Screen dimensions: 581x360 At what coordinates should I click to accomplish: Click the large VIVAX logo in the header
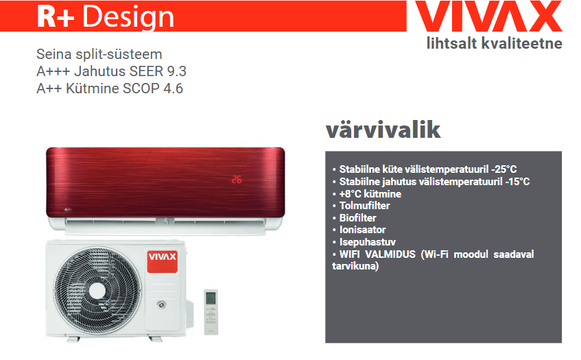point(488,16)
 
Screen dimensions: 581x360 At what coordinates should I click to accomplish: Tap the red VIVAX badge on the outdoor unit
point(163,261)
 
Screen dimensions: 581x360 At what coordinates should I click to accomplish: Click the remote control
point(211,312)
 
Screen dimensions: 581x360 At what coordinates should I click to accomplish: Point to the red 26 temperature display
point(237,180)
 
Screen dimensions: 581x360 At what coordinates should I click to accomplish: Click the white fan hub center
point(97,290)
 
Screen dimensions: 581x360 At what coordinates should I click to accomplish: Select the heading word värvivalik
point(383,130)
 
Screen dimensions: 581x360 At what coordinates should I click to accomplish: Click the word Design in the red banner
point(128,17)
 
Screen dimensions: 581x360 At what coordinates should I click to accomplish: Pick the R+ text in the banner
point(56,16)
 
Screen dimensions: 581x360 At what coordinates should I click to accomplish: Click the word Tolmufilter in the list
point(365,206)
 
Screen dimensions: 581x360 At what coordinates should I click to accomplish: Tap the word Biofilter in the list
point(357,218)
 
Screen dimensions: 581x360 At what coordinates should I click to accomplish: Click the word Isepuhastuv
point(368,242)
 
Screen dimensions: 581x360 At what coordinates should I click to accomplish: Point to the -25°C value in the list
point(504,169)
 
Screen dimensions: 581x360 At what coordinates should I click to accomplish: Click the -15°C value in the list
point(517,182)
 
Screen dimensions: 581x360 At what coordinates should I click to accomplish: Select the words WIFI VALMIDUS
point(377,254)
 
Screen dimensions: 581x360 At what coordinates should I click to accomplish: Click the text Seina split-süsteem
point(99,54)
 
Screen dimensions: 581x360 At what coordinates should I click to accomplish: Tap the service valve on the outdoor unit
point(161,304)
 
